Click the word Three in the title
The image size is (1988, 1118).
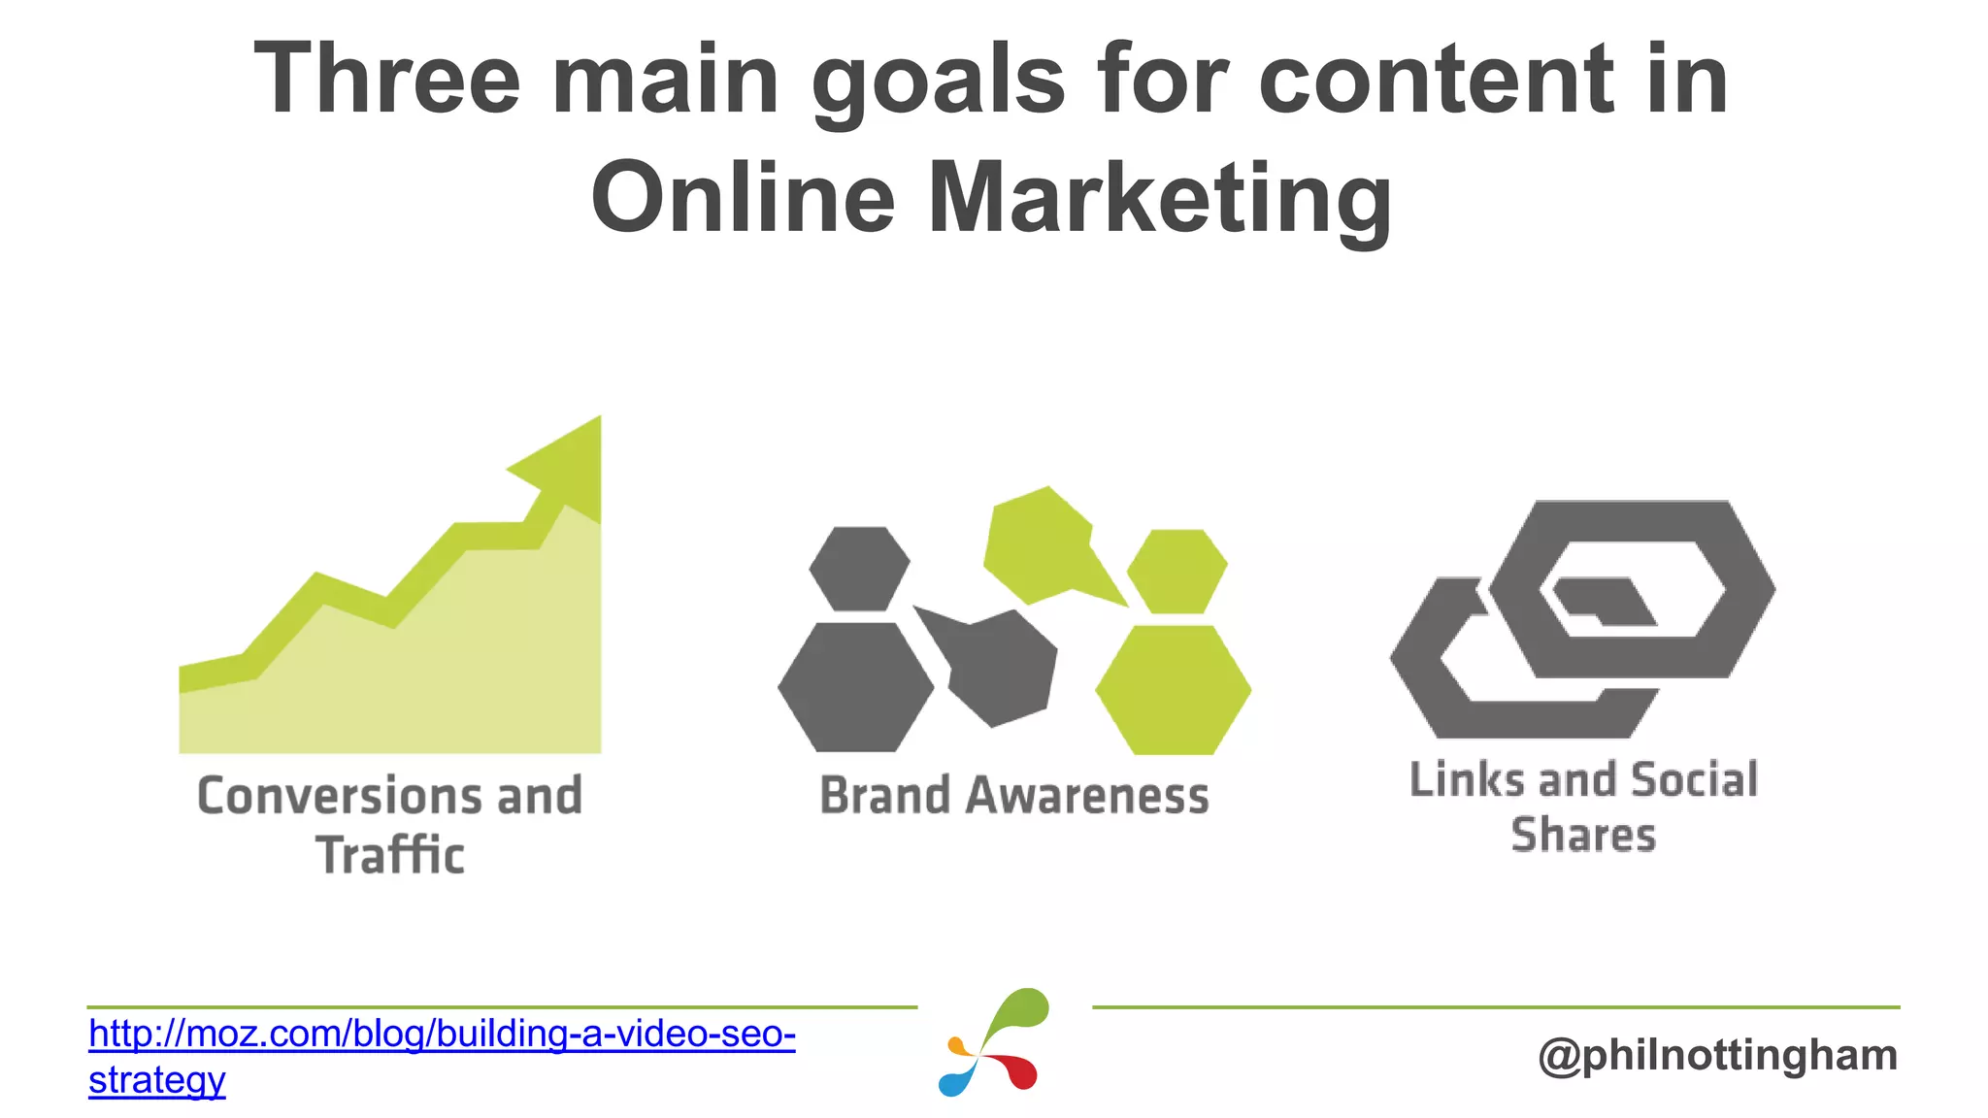point(386,80)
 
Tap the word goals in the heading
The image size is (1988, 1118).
point(938,82)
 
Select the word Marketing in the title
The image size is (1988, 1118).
point(1160,199)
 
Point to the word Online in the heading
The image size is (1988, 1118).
point(743,199)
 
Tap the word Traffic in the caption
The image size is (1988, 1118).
point(390,856)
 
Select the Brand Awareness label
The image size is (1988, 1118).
point(1014,796)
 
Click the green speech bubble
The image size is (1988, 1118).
point(1044,548)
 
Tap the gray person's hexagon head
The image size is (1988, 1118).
point(859,569)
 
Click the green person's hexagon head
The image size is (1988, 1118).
point(1176,571)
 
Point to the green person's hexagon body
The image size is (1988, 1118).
point(1173,689)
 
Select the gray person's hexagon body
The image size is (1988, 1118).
point(855,687)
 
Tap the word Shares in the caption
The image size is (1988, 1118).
point(1583,836)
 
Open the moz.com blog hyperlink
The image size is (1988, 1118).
point(442,1036)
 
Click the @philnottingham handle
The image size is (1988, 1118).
point(1717,1055)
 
